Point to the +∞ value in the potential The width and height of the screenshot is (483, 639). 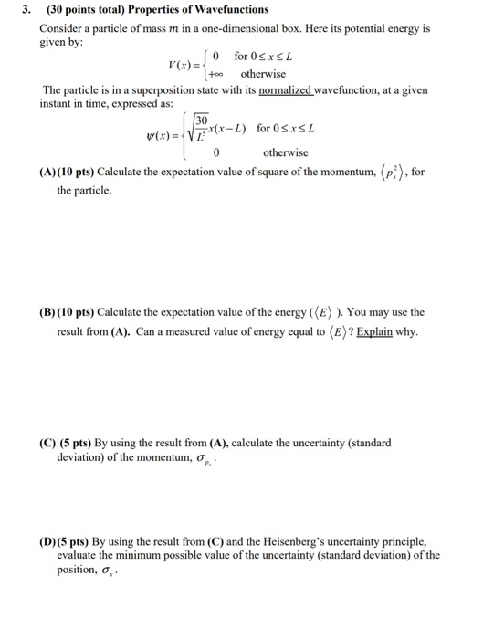[x=210, y=74]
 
